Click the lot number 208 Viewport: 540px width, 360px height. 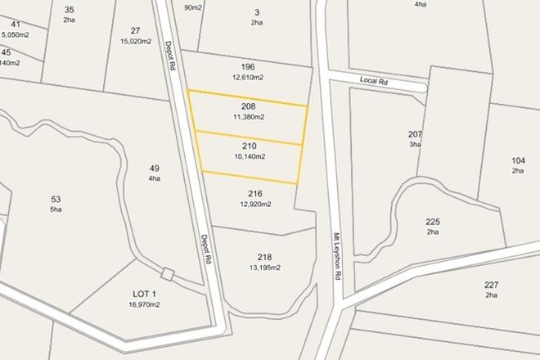tap(249, 106)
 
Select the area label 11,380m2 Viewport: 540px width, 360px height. tap(249, 117)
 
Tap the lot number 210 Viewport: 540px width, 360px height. tap(249, 146)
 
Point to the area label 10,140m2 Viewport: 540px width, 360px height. tap(249, 156)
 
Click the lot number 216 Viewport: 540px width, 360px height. tap(254, 194)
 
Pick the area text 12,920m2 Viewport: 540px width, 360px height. tap(254, 205)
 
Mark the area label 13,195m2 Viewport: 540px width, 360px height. tap(264, 268)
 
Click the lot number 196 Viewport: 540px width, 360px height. tap(249, 67)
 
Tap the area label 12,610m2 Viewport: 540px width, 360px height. tap(249, 78)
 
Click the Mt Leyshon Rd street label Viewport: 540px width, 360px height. tap(335, 259)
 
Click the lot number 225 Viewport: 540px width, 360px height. tap(433, 222)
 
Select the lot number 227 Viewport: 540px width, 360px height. tap(491, 285)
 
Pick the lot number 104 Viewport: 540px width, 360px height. tap(517, 160)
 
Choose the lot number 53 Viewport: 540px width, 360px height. tap(56, 199)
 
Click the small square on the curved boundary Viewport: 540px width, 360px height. tap(169, 274)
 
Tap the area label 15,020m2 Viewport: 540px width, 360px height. tap(135, 41)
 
